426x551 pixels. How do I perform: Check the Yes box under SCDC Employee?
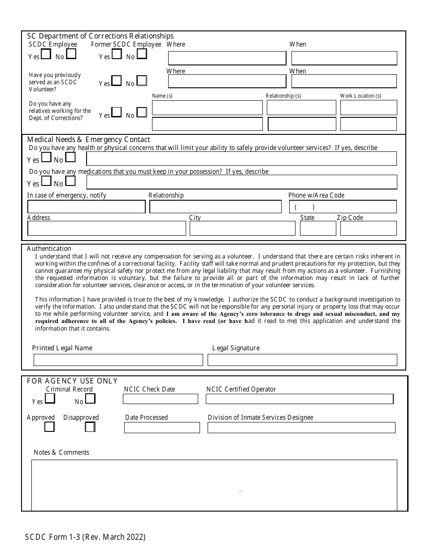46,54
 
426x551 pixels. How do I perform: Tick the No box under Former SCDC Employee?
142,54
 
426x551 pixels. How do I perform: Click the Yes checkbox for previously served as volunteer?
116,81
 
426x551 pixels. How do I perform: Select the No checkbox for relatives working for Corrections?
142,112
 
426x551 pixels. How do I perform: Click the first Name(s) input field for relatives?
207,108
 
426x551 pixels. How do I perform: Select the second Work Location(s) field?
369,124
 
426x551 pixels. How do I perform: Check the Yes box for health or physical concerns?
46,158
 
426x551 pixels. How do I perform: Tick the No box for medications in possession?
70,181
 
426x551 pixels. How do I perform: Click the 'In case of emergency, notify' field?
87,207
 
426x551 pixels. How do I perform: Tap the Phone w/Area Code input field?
343,207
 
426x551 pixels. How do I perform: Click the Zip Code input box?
369,228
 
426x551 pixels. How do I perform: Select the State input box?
318,228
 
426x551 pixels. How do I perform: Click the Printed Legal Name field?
118,360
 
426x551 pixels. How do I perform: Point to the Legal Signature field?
303,360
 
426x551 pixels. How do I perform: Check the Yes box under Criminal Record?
50,398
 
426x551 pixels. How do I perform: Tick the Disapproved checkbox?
90,427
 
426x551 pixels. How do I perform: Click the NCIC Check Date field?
161,399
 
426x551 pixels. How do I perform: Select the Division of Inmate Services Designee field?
301,427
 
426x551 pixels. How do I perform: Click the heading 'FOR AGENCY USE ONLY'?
72,381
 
